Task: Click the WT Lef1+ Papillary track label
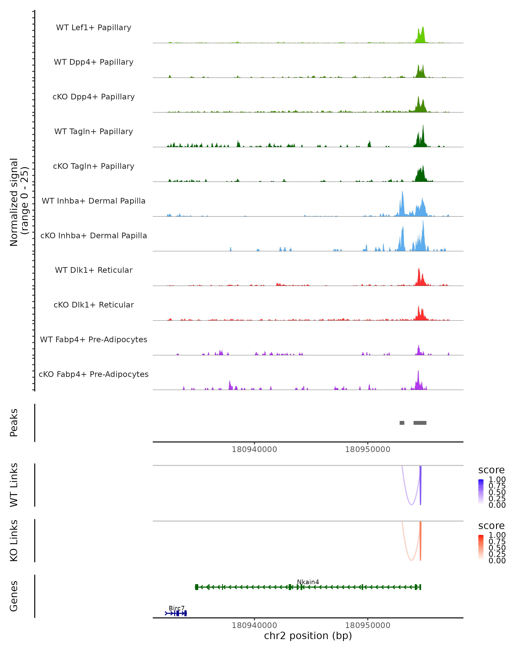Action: tap(94, 28)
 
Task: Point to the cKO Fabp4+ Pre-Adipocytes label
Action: tap(94, 374)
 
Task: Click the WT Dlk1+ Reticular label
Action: tap(94, 270)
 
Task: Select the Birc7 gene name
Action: tap(176, 608)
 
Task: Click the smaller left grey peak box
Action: tap(402, 423)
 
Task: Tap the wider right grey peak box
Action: tap(420, 423)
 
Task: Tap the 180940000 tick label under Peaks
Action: tap(254, 449)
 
